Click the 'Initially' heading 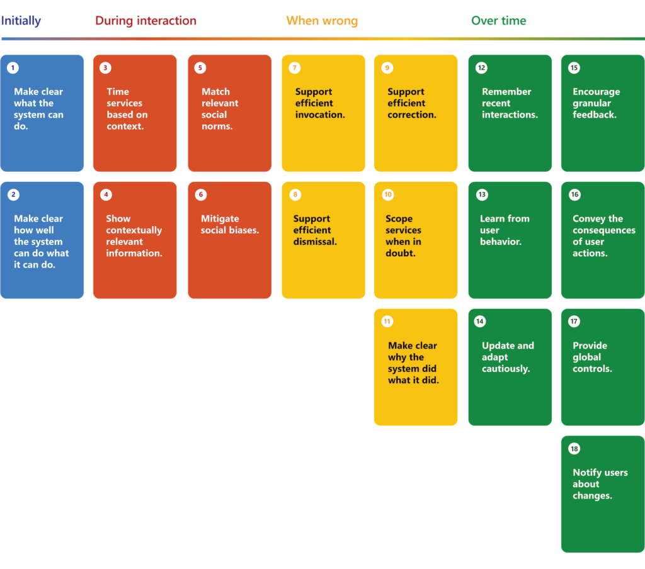coord(21,21)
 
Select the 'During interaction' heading coord(146,21)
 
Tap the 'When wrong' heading coord(322,21)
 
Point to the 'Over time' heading coord(498,21)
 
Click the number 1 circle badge coord(13,68)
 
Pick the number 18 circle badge coord(574,449)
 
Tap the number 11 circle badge coord(387,322)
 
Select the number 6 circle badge coord(201,194)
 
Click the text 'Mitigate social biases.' coord(230,225)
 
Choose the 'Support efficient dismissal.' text coord(315,230)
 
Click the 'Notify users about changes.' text coord(600,484)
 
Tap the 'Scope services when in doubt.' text coord(404,236)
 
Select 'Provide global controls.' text coord(592,357)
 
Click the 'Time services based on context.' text coord(127,109)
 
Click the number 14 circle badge coord(480,322)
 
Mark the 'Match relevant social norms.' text coord(217,109)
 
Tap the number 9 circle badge coord(387,68)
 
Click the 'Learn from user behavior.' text coord(505,230)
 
